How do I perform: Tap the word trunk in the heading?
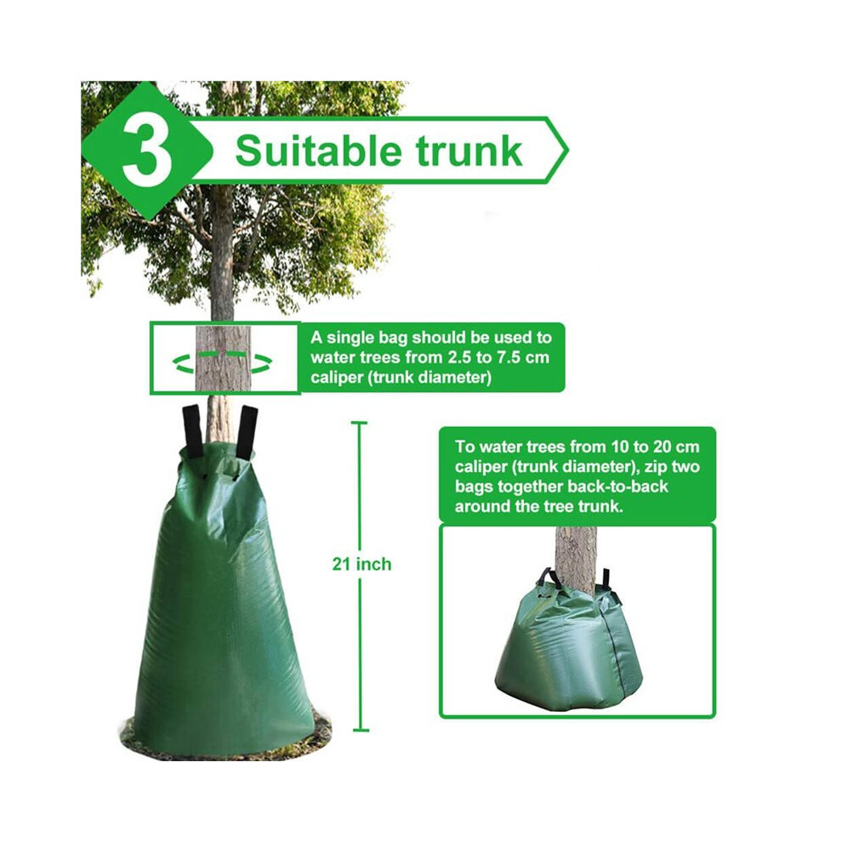[469, 152]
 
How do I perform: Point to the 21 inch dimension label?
[361, 564]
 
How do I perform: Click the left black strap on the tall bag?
[192, 430]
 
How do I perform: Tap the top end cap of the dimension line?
[361, 424]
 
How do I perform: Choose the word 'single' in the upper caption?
[351, 338]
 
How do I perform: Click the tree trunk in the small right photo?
[575, 559]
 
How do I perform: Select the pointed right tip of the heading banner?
[567, 151]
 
